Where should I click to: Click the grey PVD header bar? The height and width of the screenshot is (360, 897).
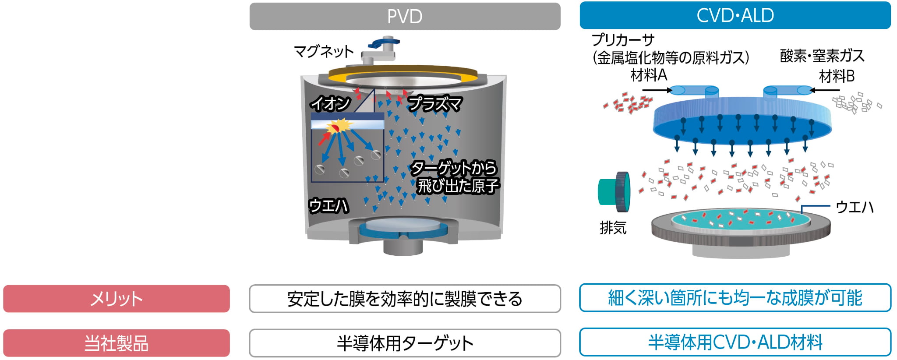tap(405, 17)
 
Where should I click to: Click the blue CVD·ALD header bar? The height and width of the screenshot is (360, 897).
tap(735, 16)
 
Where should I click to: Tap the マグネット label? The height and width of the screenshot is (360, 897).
tap(324, 52)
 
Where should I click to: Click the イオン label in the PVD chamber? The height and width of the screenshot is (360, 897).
tap(330, 104)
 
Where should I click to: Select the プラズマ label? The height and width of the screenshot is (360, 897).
tap(434, 104)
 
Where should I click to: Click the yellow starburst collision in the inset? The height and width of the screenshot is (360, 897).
tap(340, 127)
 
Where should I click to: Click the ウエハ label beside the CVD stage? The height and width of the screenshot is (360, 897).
tap(854, 207)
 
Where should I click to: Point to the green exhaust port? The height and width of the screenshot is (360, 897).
tap(613, 192)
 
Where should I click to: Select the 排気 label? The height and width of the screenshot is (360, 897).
tap(613, 228)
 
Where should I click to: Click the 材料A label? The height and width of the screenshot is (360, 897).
tap(649, 75)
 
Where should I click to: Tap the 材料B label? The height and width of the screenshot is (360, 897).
tap(837, 76)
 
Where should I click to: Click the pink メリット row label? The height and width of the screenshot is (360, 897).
tap(116, 299)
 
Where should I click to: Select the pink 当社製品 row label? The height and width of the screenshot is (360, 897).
tap(116, 343)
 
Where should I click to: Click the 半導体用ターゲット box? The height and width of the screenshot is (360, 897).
tap(405, 343)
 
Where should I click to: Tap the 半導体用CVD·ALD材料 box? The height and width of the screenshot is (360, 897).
tap(735, 342)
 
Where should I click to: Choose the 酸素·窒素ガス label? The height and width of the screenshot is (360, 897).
tap(822, 56)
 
